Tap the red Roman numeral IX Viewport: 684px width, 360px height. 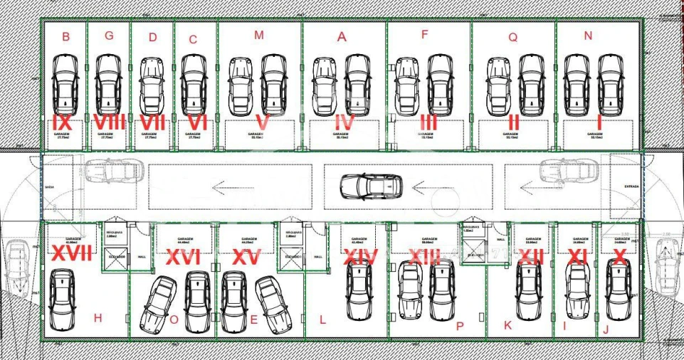point(65,122)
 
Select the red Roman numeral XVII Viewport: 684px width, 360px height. point(72,253)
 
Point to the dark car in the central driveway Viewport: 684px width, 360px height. point(371,186)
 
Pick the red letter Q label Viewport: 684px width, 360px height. point(512,37)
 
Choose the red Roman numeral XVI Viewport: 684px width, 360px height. point(184,258)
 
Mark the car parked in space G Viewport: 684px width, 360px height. point(109,85)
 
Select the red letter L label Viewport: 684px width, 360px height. point(322,321)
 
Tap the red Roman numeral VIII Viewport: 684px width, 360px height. point(109,122)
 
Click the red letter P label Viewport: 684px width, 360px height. point(459,326)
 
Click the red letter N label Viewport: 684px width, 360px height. point(587,36)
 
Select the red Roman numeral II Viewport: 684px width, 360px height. point(512,123)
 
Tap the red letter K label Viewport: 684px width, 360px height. point(507,326)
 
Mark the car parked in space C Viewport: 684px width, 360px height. point(194,85)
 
